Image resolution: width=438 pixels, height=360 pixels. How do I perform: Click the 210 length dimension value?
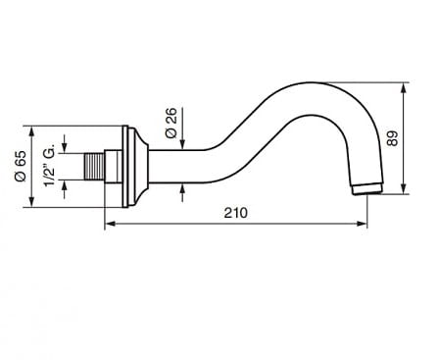[x=235, y=213]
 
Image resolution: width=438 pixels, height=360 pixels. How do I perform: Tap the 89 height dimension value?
[x=392, y=138]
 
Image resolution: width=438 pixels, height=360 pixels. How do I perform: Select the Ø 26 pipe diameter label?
[x=171, y=123]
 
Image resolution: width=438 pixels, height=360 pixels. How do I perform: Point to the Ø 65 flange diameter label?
[x=21, y=166]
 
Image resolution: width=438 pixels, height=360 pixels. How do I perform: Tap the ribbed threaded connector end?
[x=94, y=167]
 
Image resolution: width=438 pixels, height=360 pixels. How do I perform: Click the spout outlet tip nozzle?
[x=368, y=189]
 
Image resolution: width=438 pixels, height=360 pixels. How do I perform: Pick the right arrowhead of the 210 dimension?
[x=362, y=224]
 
